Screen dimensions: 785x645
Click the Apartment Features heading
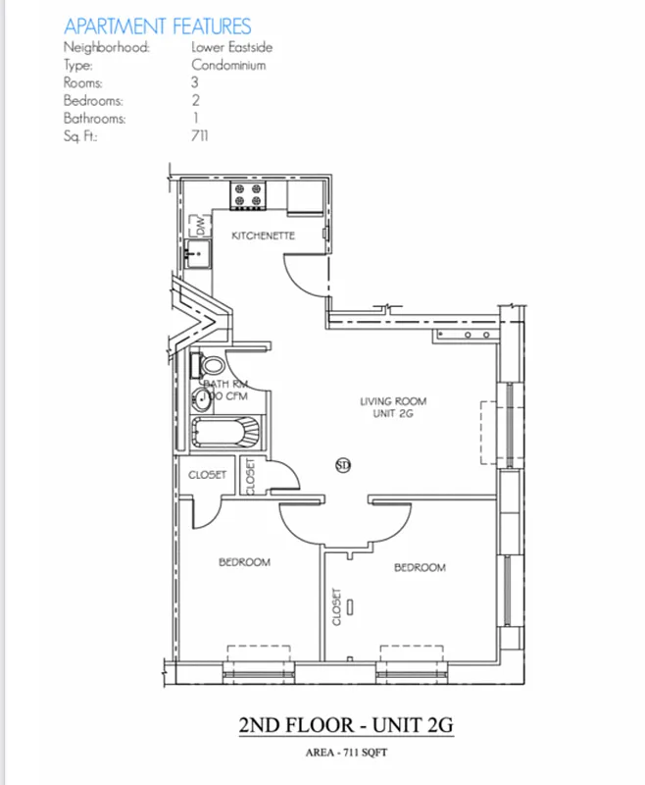pos(157,26)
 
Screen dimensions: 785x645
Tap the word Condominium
pos(227,65)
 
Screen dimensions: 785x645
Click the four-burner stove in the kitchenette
pos(249,195)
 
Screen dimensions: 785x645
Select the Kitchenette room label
pos(263,236)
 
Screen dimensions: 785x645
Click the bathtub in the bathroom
pos(226,432)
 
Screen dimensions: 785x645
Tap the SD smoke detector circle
pos(343,465)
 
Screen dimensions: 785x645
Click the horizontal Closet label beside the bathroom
pos(207,475)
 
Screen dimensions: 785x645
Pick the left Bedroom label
pos(243,562)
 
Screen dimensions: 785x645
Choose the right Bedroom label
pos(420,568)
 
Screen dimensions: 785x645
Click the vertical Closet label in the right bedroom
pos(336,606)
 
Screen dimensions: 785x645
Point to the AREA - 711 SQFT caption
pos(347,755)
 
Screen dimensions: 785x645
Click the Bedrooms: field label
pos(93,100)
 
